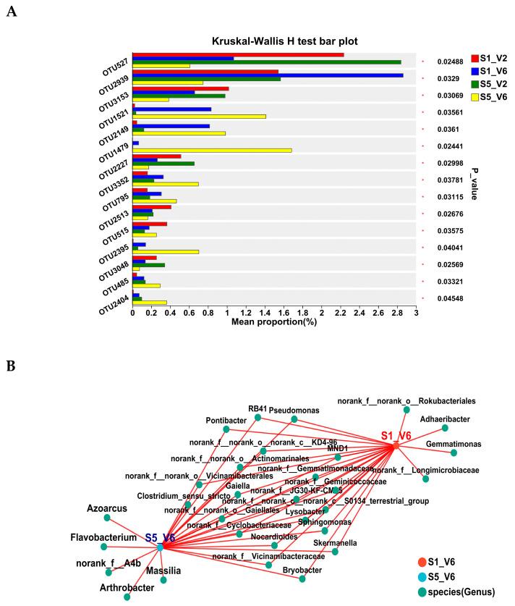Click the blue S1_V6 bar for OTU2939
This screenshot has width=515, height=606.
pos(268,75)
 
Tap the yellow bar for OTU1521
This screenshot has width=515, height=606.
pos(199,116)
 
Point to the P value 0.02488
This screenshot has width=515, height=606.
pos(442,62)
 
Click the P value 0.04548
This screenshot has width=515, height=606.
pos(442,298)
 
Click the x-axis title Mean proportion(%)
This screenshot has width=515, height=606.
pos(273,323)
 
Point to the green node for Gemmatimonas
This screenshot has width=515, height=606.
pos(454,453)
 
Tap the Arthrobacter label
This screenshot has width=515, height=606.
pos(127,587)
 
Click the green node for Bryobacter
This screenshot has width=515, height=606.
pos(302,578)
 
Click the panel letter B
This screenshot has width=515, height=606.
pos(11,366)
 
